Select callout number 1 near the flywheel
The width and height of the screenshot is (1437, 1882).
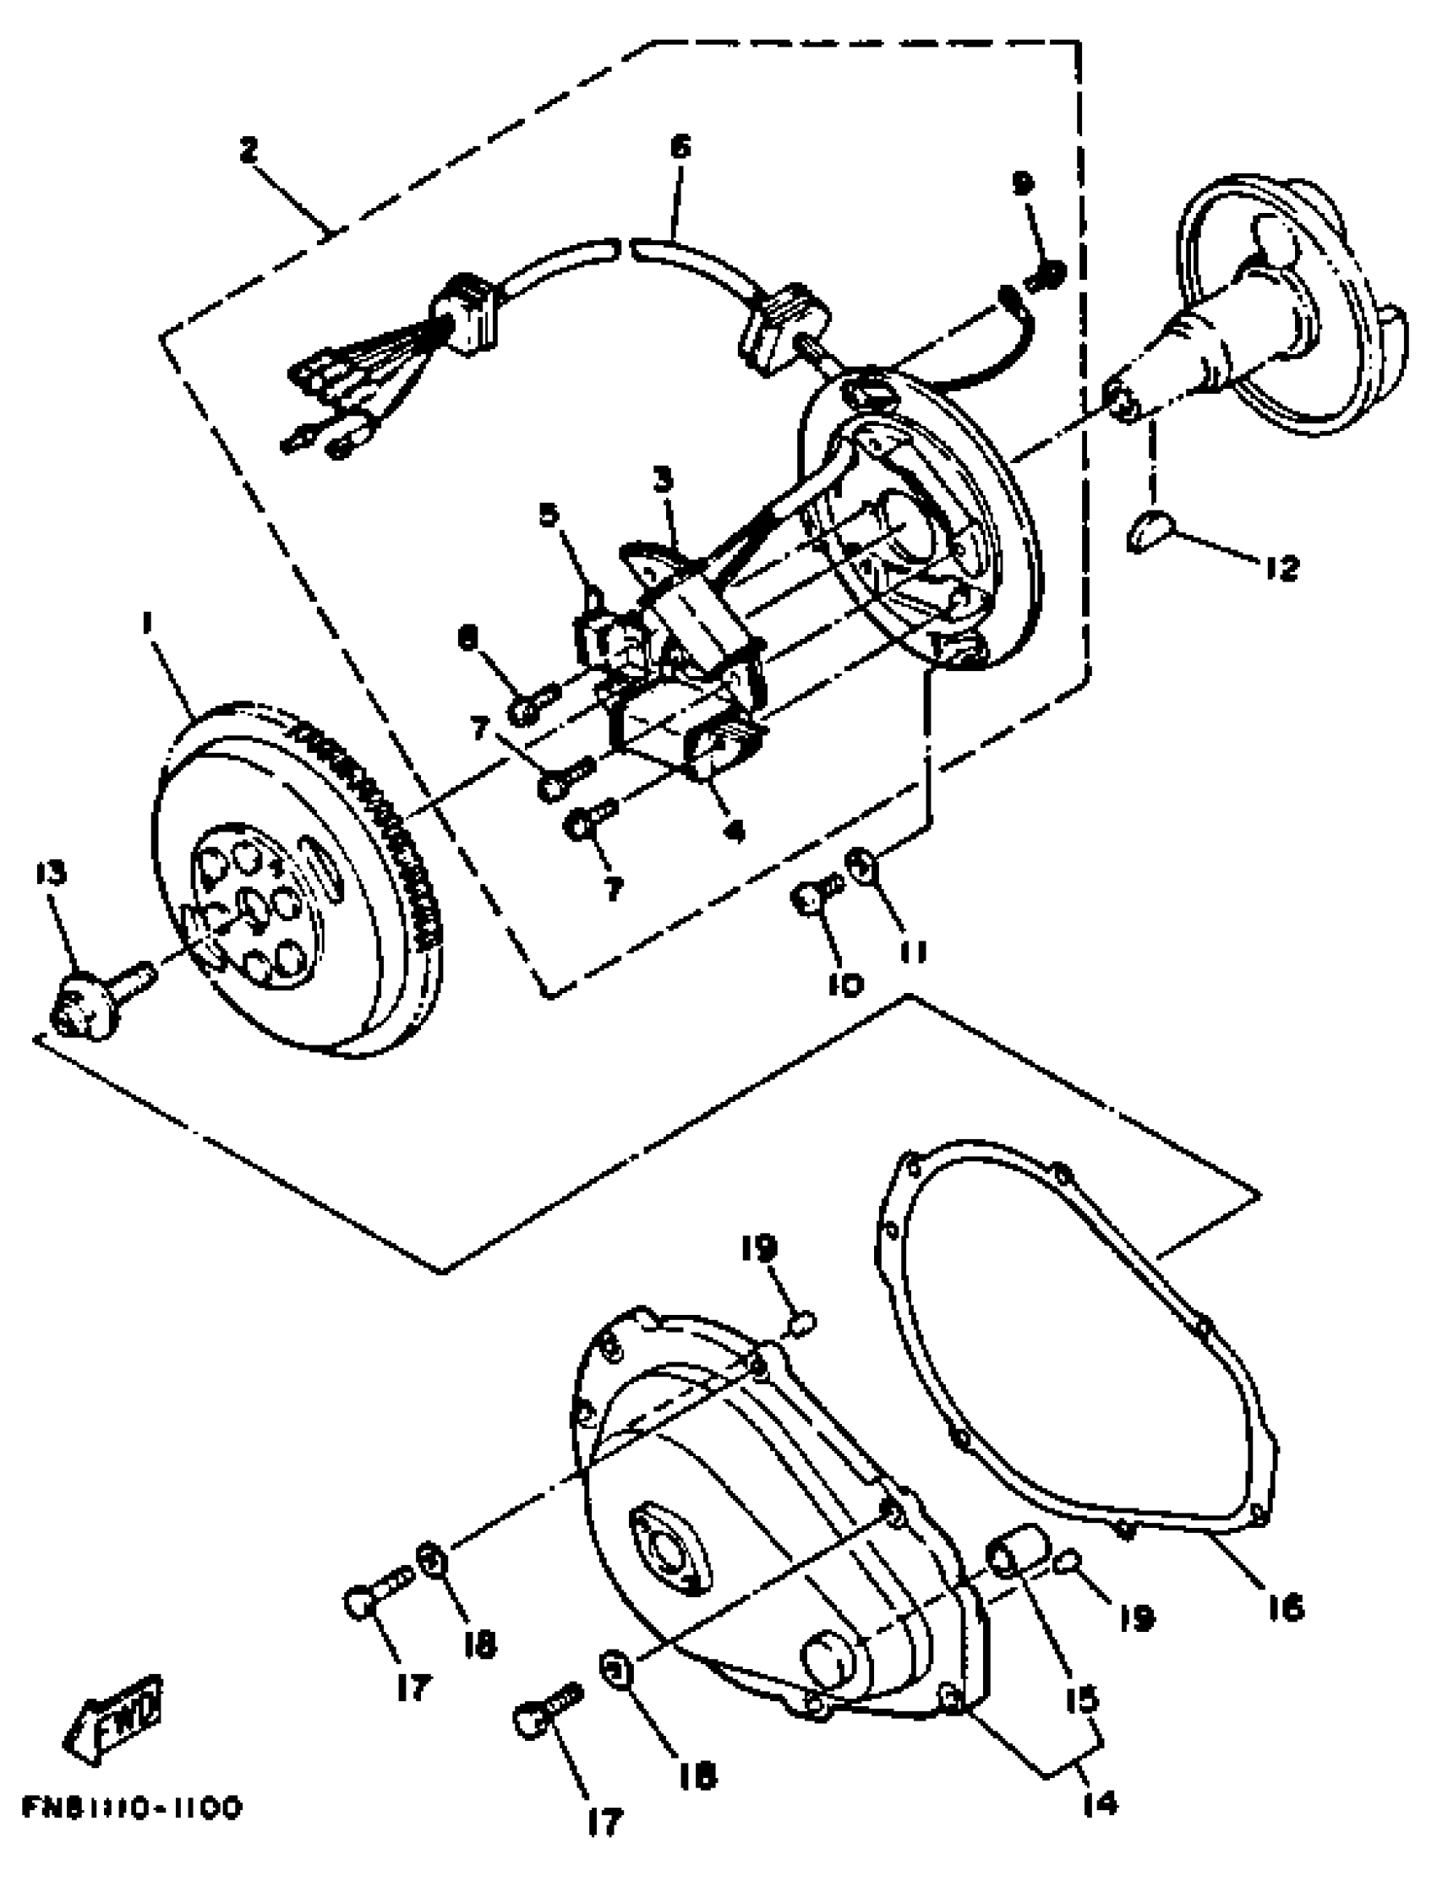(x=147, y=625)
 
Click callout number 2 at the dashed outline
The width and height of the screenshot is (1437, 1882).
(x=247, y=150)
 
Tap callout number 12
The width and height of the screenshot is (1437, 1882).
(x=1281, y=567)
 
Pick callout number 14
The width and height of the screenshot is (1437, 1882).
(x=1100, y=1803)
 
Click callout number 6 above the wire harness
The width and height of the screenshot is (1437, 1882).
(x=680, y=147)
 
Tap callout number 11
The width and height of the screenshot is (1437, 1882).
(x=914, y=951)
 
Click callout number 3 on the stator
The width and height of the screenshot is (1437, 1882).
(x=663, y=481)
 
